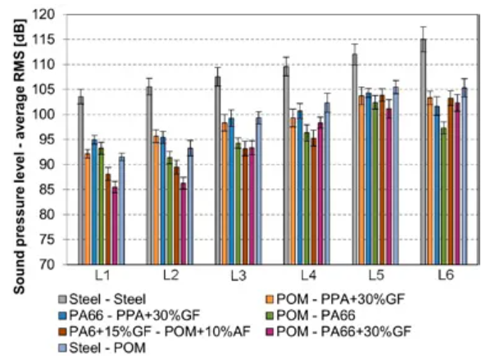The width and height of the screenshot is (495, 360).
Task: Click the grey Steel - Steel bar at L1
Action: pos(80,180)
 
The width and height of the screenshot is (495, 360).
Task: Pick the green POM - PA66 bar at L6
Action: pos(443,197)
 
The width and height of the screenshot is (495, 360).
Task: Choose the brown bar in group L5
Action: pos(382,180)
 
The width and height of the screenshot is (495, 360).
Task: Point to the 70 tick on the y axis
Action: pos(55,265)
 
